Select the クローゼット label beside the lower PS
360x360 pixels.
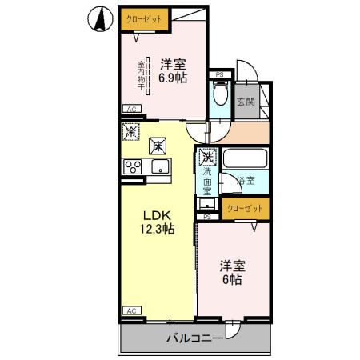[245, 208]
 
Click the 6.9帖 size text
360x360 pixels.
[172, 79]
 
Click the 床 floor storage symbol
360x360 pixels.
[158, 145]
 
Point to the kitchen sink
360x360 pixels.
[159, 166]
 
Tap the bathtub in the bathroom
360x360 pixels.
[245, 157]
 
